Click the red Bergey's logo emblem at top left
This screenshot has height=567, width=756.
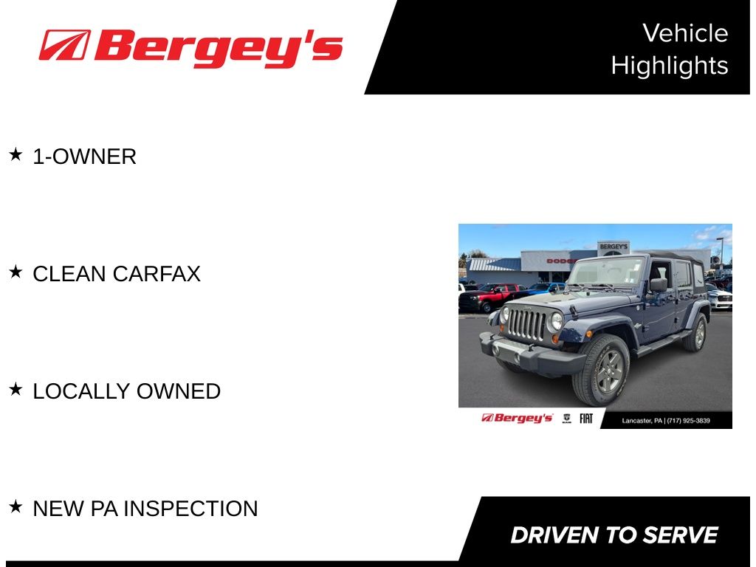[x=65, y=45]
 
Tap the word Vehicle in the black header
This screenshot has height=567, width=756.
[x=685, y=33]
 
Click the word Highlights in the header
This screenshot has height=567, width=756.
[x=670, y=66]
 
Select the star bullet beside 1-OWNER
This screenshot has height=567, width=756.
[x=16, y=155]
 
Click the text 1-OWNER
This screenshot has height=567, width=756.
[x=84, y=157]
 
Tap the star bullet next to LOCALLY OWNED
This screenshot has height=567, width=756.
[x=16, y=389]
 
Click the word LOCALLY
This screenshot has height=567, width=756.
[x=81, y=391]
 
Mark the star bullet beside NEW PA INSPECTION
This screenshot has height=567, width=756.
[x=16, y=506]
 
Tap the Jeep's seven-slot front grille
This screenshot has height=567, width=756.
[x=526, y=325]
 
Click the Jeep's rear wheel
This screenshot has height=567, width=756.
[x=697, y=332]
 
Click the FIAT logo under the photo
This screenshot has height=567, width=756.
[x=585, y=419]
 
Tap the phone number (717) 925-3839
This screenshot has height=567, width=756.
[x=689, y=421]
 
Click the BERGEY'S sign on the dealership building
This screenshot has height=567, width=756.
[x=614, y=247]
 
